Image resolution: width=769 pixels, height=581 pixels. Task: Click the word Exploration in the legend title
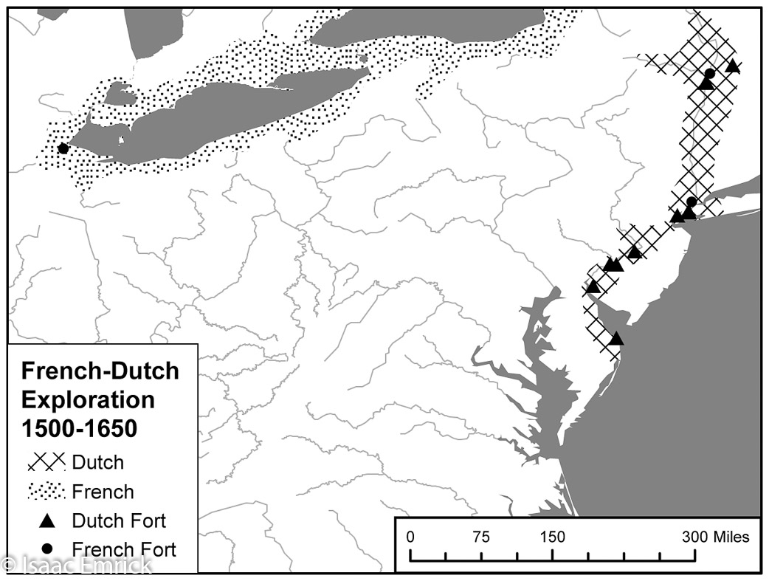88,399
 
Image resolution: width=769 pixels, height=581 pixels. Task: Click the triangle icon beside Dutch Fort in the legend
47,521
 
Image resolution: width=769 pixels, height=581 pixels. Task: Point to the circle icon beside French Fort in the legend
47,549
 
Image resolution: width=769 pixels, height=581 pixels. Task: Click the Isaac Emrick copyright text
77,565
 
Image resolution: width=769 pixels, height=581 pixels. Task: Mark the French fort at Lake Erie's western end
63,148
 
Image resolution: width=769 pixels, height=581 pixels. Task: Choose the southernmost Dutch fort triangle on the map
616,340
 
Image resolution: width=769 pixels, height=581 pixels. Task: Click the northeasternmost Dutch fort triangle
733,66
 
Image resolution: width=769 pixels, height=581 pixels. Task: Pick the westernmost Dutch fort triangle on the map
593,287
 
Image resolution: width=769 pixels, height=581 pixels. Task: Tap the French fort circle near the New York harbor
692,202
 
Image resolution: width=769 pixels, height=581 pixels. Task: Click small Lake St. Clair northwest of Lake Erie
118,94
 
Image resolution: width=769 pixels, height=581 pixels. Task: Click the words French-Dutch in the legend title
100,370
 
